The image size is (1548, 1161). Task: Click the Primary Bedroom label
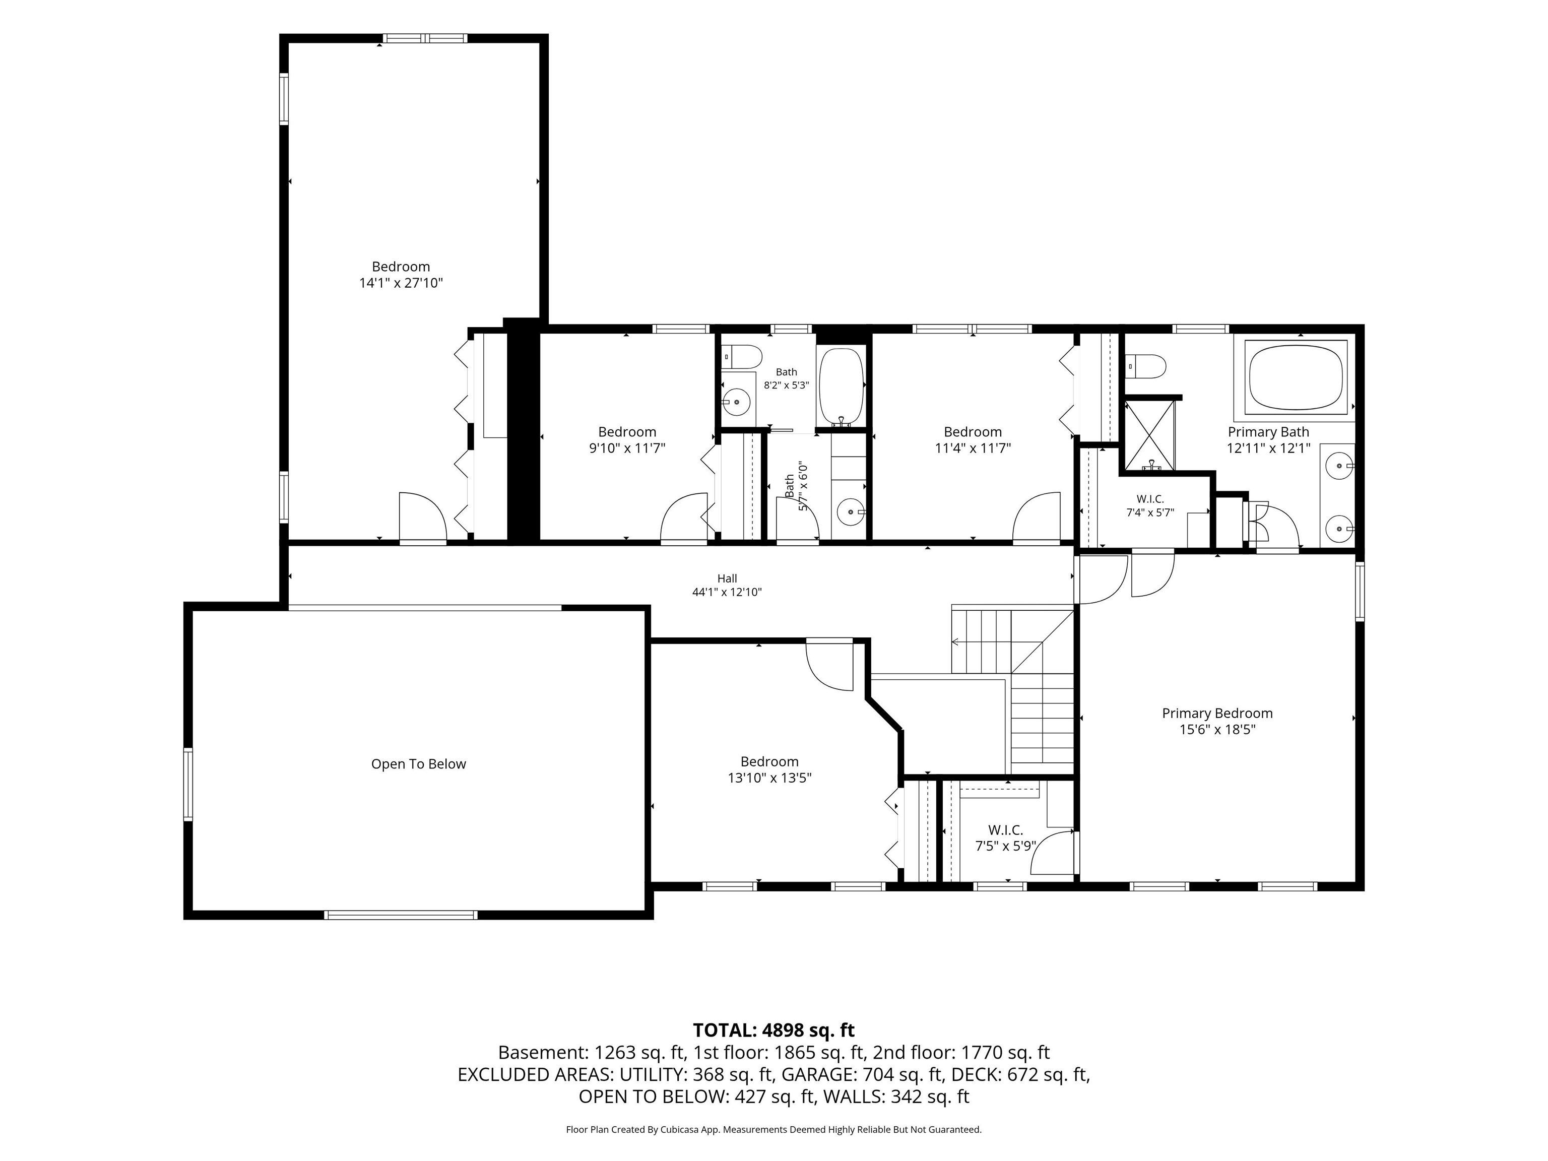pyautogui.click(x=1217, y=713)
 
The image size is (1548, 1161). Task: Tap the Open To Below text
pyautogui.click(x=418, y=764)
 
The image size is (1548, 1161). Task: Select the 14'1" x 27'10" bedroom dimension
pyautogui.click(x=401, y=283)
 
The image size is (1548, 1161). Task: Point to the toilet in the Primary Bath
pyautogui.click(x=1145, y=365)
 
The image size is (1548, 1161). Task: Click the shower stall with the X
pyautogui.click(x=1148, y=434)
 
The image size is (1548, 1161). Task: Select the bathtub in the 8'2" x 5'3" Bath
pyautogui.click(x=842, y=387)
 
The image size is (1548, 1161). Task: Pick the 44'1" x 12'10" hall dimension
pyautogui.click(x=727, y=592)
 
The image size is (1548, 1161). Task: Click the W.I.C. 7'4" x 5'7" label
pyautogui.click(x=1150, y=505)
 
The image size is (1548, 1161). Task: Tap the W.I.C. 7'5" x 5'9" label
pyautogui.click(x=1006, y=837)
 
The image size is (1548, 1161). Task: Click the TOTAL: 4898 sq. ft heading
pyautogui.click(x=773, y=1030)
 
